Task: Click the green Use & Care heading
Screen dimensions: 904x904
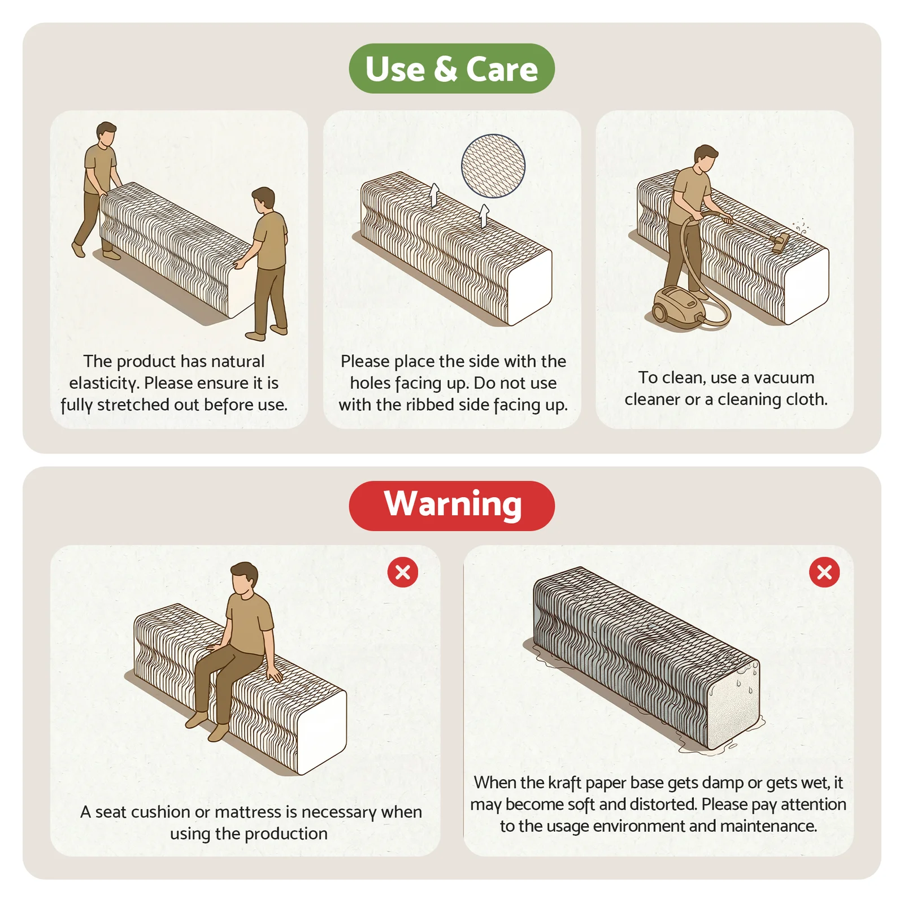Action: coord(451,68)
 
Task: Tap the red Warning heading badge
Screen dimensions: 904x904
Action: coord(451,505)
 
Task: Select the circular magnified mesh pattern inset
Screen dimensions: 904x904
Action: coord(493,166)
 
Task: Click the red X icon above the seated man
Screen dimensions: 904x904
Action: coord(403,572)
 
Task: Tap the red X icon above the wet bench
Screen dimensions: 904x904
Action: coord(824,572)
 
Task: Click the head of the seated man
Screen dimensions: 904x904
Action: coord(244,579)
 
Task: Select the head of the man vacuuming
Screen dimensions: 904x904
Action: coord(705,159)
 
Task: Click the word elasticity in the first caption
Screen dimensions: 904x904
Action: coord(104,383)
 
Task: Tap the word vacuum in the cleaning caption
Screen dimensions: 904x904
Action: coord(784,377)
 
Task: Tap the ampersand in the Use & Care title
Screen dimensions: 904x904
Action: coord(446,69)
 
